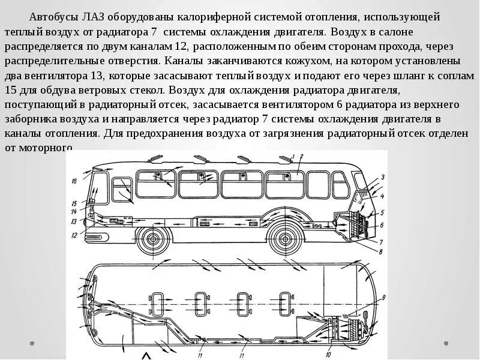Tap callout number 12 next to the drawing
click(x=74, y=235)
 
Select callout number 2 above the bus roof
click(x=292, y=157)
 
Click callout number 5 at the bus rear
click(x=382, y=212)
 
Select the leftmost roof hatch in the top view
click(x=158, y=301)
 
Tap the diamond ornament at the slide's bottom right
click(x=446, y=343)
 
